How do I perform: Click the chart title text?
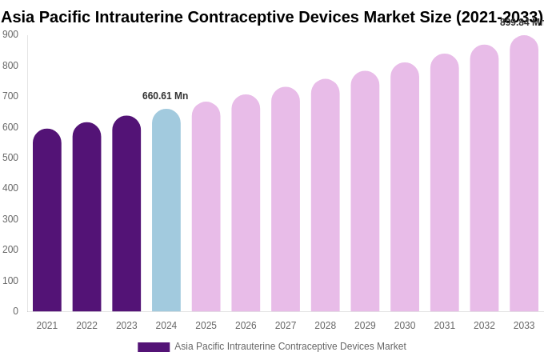272,17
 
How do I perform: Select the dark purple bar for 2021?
47,220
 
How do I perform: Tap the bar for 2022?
86,217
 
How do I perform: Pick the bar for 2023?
126,214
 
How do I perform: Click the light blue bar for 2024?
166,210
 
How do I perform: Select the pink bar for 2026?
246,203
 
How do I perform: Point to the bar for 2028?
326,195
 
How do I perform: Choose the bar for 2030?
405,187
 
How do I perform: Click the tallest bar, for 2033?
524,174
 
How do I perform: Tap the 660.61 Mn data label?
166,96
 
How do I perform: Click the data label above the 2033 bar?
521,22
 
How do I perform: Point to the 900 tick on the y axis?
10,34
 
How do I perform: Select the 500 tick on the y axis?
10,158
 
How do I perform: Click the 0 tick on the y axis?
15,311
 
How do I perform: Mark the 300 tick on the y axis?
10,219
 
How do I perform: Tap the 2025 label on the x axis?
206,326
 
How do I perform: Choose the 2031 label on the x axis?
444,326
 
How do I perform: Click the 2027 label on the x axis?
286,326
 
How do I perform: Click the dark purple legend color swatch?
154,347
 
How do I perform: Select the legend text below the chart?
290,346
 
